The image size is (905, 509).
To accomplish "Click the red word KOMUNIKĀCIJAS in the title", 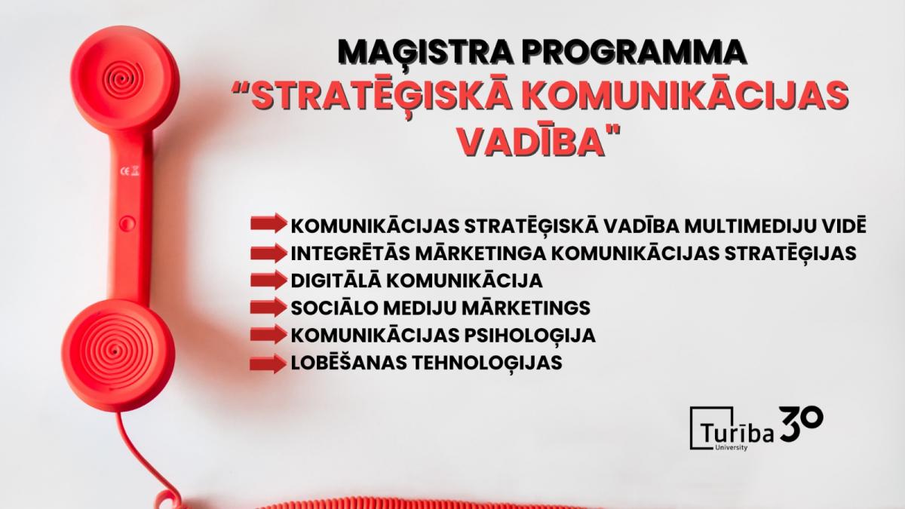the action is click(683, 97).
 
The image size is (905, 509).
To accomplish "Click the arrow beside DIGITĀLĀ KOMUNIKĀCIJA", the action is click(268, 280).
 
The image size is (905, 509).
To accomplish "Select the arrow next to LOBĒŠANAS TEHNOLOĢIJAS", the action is click(268, 363).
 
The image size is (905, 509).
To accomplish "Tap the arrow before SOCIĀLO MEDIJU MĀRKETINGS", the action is click(268, 307).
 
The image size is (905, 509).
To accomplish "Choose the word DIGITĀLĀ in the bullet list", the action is click(336, 281).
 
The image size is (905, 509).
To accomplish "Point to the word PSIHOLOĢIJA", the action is click(529, 336).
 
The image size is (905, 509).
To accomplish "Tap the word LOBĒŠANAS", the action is click(349, 363).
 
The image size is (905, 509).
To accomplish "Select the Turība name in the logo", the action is click(738, 433).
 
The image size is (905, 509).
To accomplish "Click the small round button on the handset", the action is click(127, 222).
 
